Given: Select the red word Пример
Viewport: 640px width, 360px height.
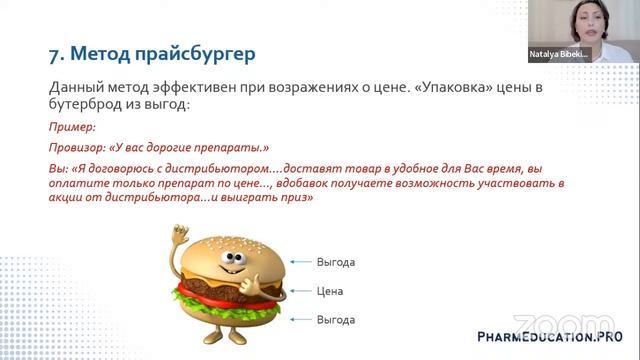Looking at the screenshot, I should coord(68,128).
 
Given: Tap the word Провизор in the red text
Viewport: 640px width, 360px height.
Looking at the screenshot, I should coord(73,147).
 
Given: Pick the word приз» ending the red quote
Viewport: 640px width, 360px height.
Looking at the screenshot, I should coord(298,198).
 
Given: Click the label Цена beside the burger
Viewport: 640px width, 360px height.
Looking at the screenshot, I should coord(329,291).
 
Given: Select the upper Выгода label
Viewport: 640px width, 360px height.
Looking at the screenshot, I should coord(335,262).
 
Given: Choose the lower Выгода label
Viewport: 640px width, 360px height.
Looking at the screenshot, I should coord(335,319).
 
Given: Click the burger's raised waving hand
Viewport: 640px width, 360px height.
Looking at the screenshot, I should coord(179,240).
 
